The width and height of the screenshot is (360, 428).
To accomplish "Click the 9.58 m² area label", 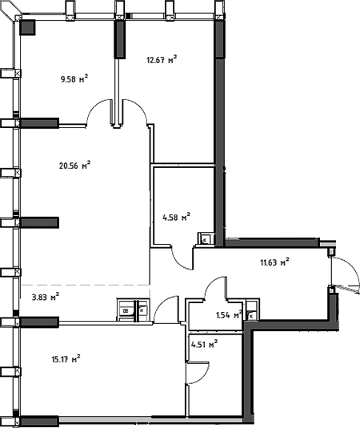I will (x=74, y=78).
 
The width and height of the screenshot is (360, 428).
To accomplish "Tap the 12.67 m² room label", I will (x=161, y=58).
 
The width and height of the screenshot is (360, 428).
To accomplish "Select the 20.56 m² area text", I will (x=74, y=166).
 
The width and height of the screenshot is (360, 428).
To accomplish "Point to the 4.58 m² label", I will (x=175, y=216).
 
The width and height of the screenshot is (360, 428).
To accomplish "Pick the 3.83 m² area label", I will (x=44, y=297).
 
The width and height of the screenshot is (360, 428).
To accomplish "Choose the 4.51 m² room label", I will (x=204, y=345).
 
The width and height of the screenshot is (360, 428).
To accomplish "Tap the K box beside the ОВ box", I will (x=142, y=311).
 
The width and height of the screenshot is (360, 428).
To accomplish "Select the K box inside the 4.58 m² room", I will (x=205, y=238).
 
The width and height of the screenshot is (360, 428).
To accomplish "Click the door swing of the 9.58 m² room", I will (x=99, y=113).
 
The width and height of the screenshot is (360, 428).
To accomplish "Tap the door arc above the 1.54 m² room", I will (x=215, y=287).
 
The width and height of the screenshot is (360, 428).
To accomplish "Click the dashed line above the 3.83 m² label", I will (x=84, y=285).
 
